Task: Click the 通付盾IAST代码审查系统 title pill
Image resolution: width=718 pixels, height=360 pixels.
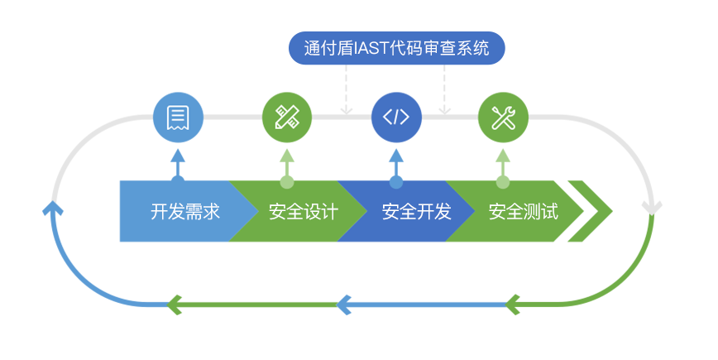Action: point(396,48)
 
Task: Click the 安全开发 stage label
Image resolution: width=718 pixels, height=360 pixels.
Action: point(416,212)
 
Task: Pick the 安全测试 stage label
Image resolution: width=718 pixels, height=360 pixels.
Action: point(523,212)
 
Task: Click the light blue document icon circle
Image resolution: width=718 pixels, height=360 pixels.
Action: point(178,118)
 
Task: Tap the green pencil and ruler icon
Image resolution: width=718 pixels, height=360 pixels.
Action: point(287,118)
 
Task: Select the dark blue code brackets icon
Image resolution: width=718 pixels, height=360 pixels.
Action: point(396,118)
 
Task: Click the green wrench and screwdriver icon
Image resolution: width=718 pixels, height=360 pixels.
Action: point(503,118)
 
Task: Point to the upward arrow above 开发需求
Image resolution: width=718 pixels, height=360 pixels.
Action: point(178,160)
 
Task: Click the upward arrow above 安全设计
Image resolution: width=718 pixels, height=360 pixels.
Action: point(287,160)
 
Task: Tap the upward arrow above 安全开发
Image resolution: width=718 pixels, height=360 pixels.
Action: point(396,160)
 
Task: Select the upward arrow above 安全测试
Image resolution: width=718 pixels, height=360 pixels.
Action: point(503,160)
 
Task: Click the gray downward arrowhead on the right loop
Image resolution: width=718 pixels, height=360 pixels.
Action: point(652,206)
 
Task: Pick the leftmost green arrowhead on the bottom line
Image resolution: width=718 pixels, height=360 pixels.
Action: point(175,305)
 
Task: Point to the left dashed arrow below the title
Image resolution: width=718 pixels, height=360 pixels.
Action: point(347,106)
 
